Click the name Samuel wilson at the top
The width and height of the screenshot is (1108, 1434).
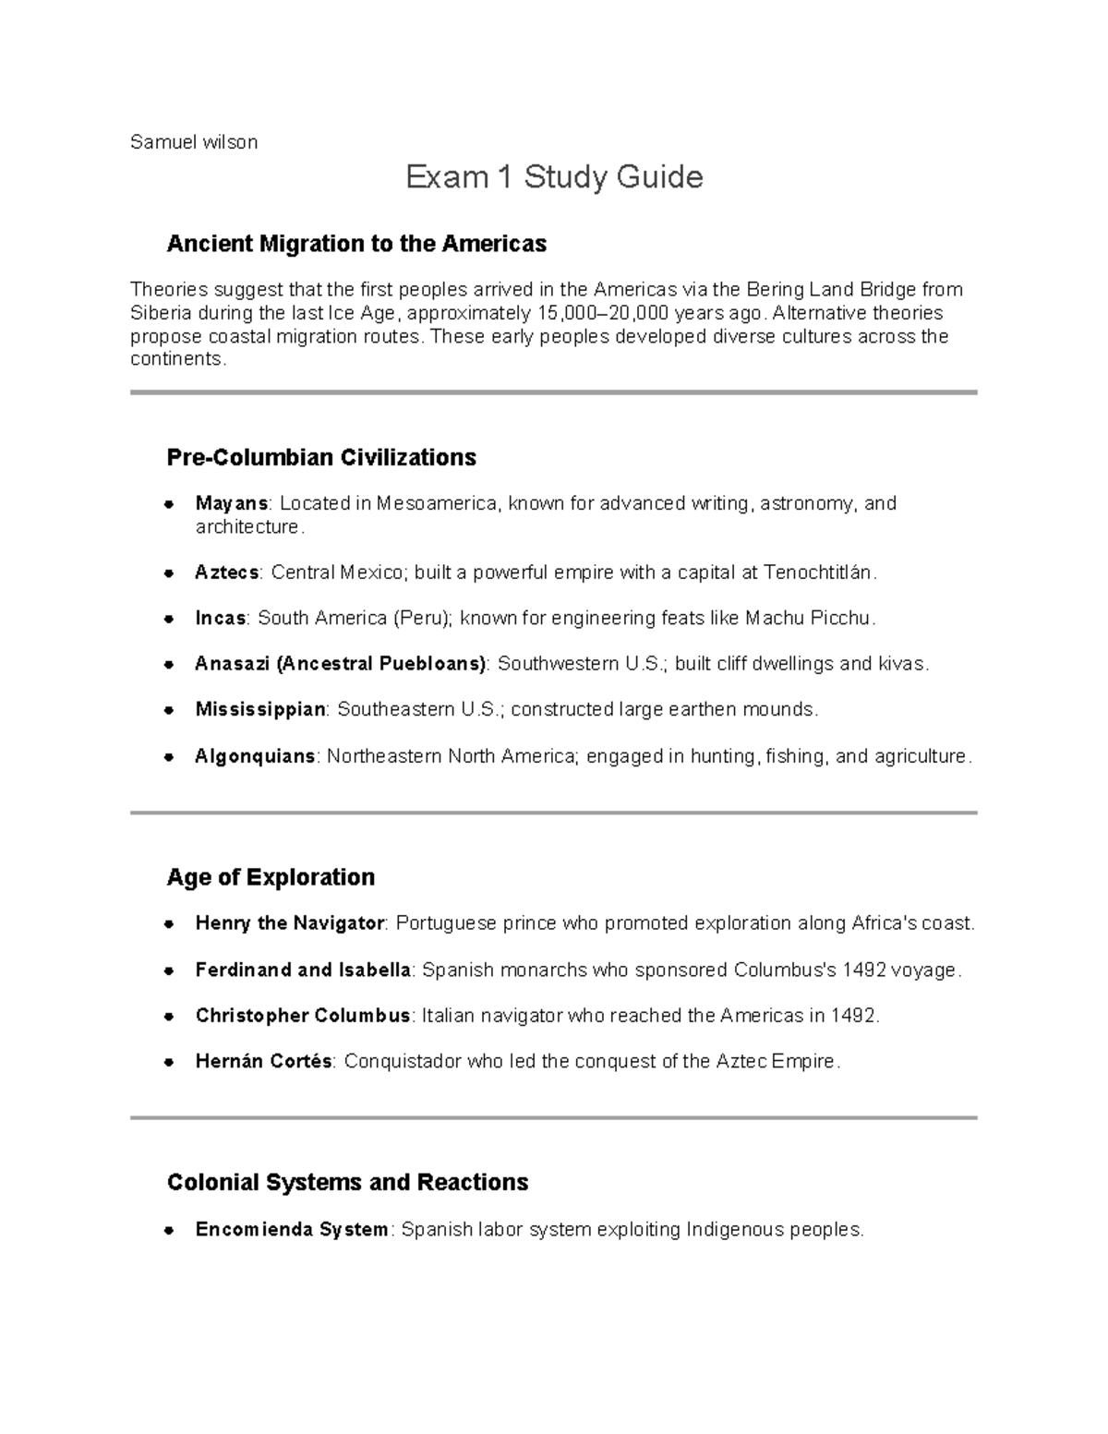point(194,142)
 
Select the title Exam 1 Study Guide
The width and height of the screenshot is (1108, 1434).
point(554,176)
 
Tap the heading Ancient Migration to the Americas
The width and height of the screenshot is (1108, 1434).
point(356,244)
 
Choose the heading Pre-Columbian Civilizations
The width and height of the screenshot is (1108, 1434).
point(321,458)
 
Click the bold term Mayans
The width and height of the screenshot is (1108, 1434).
point(232,504)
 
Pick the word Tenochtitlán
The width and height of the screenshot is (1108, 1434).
point(818,572)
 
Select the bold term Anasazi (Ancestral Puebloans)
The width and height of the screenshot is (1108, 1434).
point(341,664)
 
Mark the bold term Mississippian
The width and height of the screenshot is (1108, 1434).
point(260,710)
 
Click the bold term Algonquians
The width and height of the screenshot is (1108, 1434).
point(255,757)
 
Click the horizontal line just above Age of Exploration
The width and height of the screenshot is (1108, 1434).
point(554,813)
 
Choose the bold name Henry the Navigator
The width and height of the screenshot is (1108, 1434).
point(290,923)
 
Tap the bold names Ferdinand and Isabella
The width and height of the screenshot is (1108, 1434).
point(303,970)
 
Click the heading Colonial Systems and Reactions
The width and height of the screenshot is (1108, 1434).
point(347,1183)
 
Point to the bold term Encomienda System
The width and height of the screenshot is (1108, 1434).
point(292,1230)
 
